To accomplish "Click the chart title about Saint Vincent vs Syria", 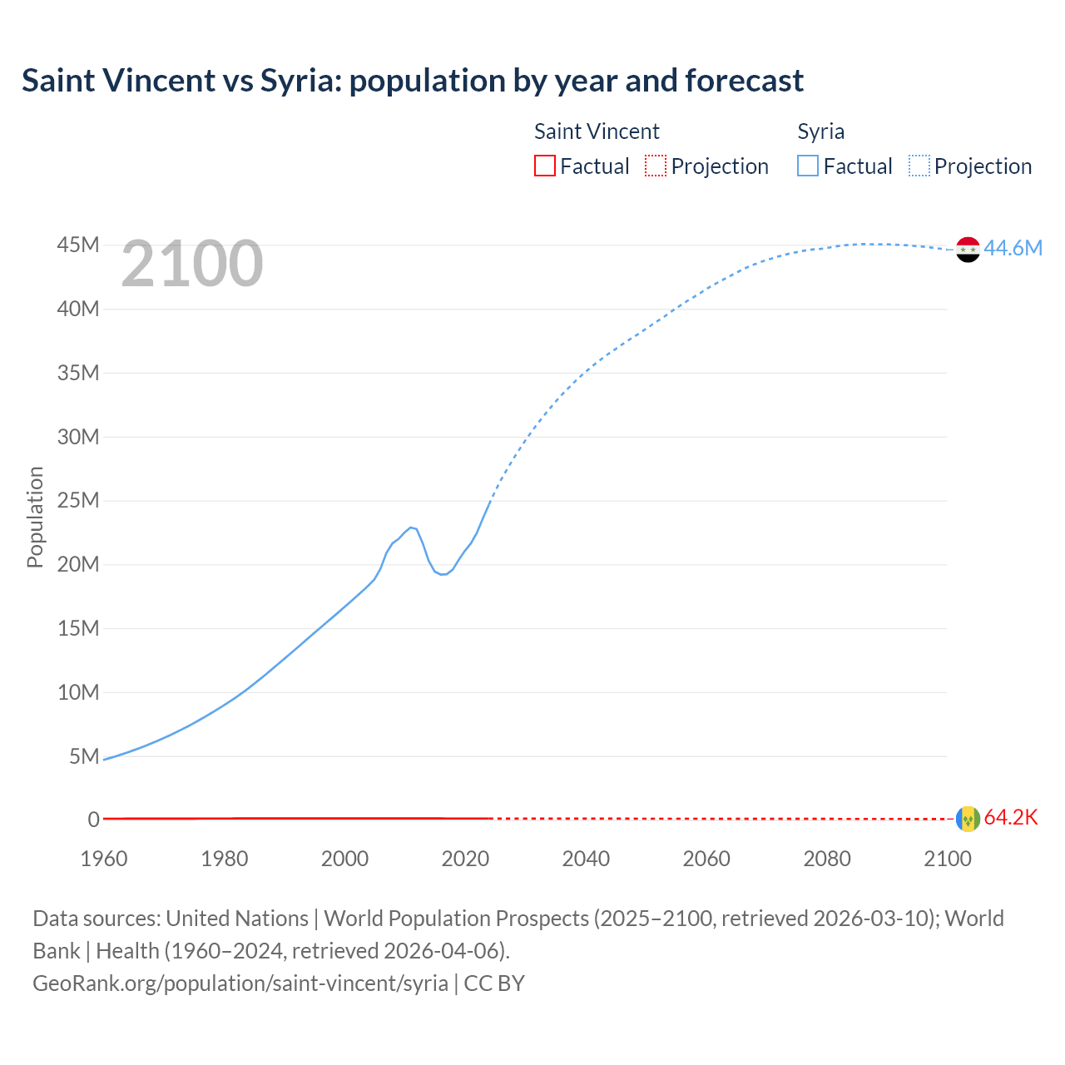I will [x=413, y=81].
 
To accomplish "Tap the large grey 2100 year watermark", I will [x=192, y=264].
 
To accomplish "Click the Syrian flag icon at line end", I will [x=968, y=249].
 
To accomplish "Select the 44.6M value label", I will [x=1013, y=248].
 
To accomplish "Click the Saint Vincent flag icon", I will [x=968, y=819].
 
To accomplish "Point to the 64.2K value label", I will [x=1011, y=817].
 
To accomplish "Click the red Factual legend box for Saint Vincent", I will [x=544, y=166].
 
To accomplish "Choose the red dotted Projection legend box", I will [x=656, y=166].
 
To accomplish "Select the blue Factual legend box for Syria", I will [x=807, y=166].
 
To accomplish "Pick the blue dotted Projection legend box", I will [x=919, y=166].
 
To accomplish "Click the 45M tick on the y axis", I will [x=78, y=245].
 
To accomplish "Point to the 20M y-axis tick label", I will [x=78, y=564].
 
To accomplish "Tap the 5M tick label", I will [x=84, y=756].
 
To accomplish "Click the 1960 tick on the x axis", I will [x=104, y=859].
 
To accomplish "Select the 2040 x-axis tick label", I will [x=586, y=859].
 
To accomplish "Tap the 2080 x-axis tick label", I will [x=827, y=859].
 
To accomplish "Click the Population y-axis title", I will [x=35, y=517].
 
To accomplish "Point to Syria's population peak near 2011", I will [x=411, y=528].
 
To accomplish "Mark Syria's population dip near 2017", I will [x=443, y=574].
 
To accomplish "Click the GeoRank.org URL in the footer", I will [x=240, y=983].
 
